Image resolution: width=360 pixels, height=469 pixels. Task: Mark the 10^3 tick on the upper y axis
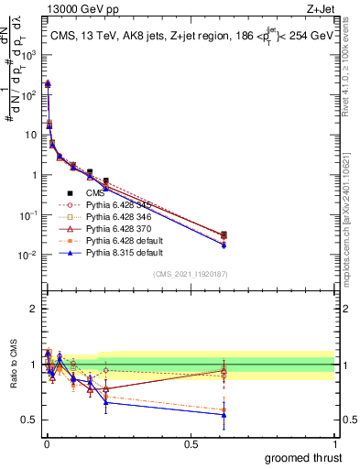(x=29, y=55)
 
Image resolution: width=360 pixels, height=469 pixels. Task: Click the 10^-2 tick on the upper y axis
(x=29, y=255)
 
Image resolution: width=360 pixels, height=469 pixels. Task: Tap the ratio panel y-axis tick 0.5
(x=31, y=420)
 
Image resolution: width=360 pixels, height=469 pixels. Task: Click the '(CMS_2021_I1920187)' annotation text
(x=189, y=274)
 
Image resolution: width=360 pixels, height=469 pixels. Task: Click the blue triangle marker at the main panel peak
(x=48, y=83)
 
